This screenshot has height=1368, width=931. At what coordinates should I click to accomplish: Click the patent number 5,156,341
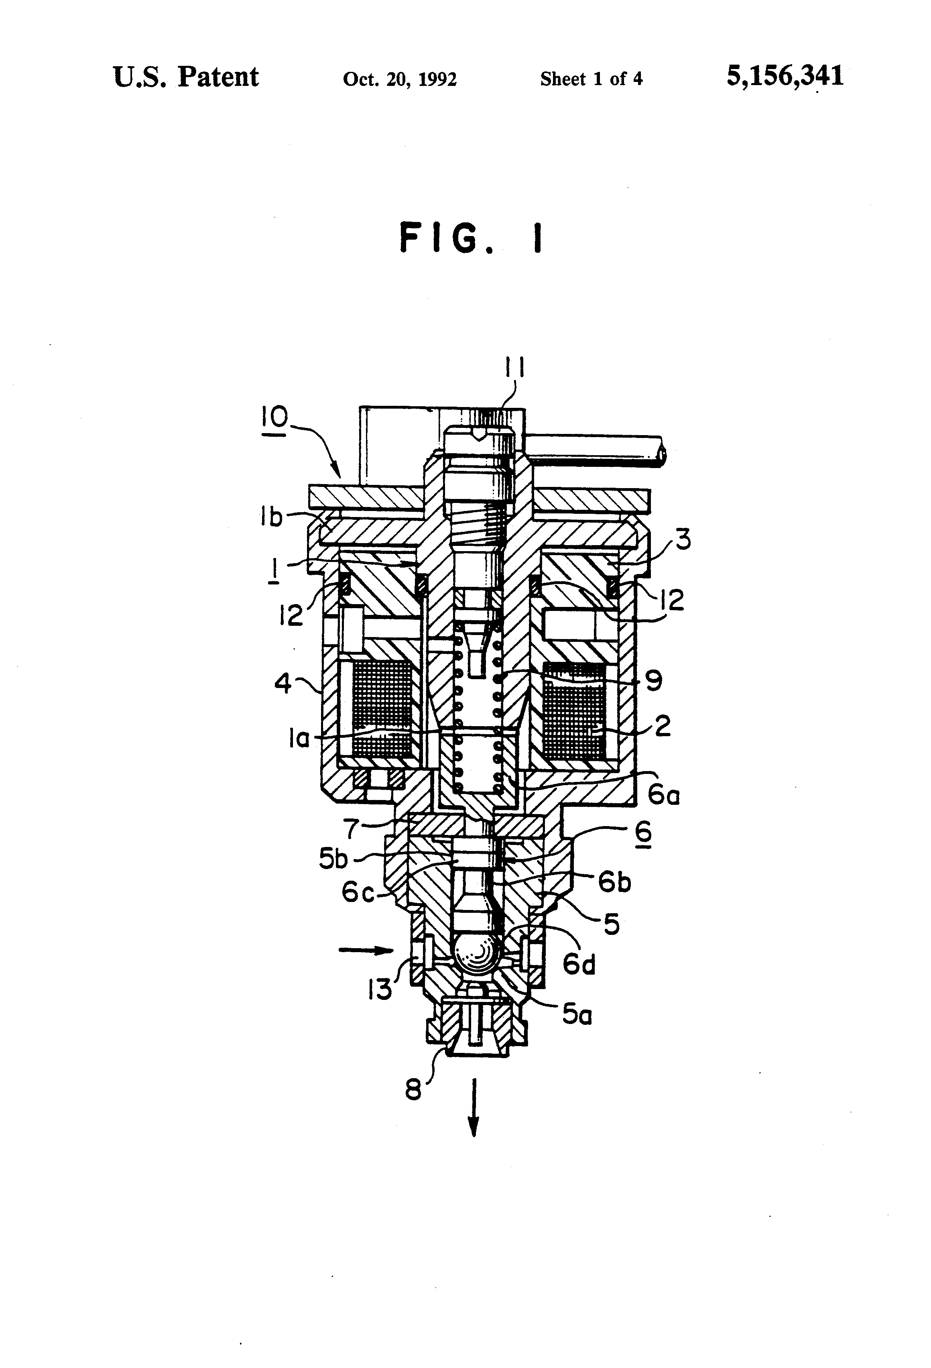[785, 77]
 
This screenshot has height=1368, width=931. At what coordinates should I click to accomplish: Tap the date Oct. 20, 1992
[400, 79]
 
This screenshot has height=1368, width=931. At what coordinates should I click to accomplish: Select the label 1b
[271, 517]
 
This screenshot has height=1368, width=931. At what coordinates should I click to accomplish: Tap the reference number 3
[683, 539]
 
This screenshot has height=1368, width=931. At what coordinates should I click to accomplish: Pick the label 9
[654, 681]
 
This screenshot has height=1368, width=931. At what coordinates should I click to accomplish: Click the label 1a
[299, 738]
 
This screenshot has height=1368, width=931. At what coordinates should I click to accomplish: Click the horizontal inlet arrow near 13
[366, 949]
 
